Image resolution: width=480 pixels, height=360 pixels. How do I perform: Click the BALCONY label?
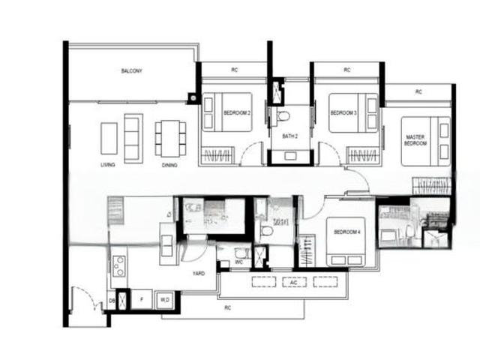(131, 71)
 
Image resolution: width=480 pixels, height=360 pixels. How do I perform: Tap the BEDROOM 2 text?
(236, 113)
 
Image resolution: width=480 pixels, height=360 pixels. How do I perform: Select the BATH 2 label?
(290, 136)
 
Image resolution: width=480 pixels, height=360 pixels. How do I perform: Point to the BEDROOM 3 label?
(343, 113)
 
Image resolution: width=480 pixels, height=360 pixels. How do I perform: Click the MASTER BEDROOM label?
(415, 139)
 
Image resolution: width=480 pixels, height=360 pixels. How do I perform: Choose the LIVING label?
(107, 164)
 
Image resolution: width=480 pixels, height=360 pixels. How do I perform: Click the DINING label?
(169, 164)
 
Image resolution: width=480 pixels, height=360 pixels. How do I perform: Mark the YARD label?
(199, 274)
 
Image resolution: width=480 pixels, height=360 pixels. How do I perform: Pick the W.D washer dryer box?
(165, 299)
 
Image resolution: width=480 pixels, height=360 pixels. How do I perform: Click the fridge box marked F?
(141, 299)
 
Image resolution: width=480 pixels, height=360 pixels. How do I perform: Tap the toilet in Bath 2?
(283, 116)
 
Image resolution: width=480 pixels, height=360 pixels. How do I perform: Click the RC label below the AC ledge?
(226, 307)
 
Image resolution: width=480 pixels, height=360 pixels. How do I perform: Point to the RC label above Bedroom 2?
(234, 70)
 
